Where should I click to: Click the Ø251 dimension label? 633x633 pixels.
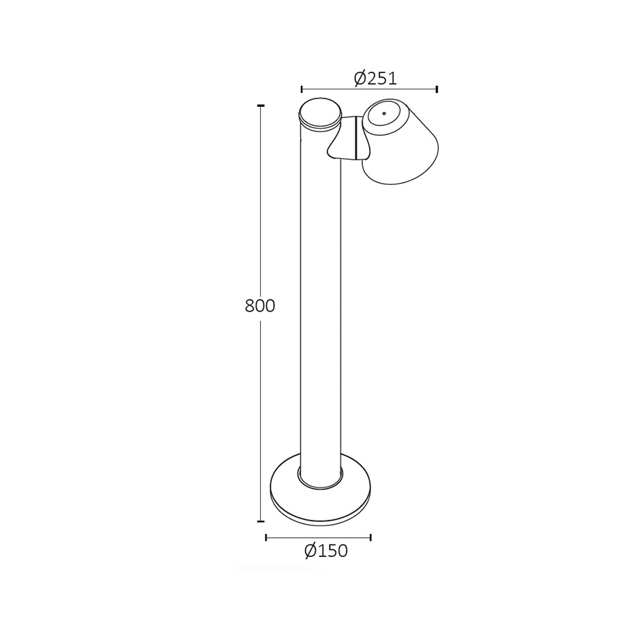[376, 78]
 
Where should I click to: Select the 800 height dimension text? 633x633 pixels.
[260, 306]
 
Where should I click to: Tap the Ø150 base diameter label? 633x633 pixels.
[326, 551]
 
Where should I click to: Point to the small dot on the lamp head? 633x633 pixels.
[384, 113]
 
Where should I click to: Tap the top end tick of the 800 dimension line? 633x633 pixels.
[261, 105]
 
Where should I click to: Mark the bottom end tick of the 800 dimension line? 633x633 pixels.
[261, 522]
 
